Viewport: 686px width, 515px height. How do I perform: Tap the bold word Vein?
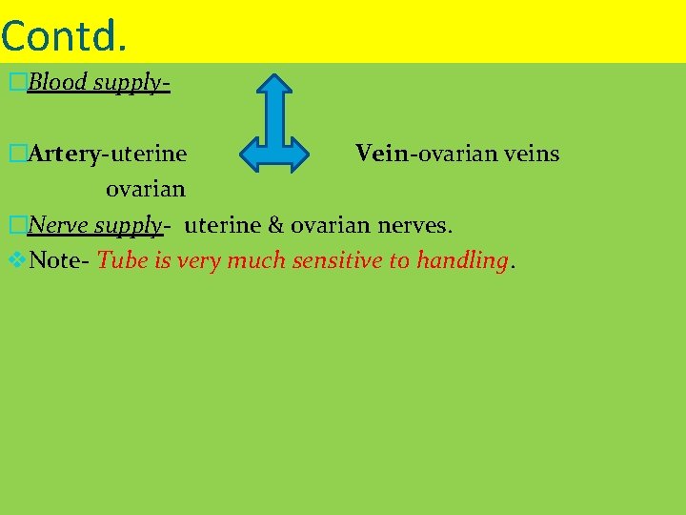click(x=381, y=154)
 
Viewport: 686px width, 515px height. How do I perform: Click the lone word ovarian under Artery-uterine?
click(x=145, y=189)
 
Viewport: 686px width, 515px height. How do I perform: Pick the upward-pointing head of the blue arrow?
click(x=275, y=87)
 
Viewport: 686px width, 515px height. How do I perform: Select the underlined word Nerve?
click(x=59, y=225)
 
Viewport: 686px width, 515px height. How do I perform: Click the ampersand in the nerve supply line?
click(x=276, y=225)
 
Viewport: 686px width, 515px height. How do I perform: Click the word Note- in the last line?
click(x=60, y=260)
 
